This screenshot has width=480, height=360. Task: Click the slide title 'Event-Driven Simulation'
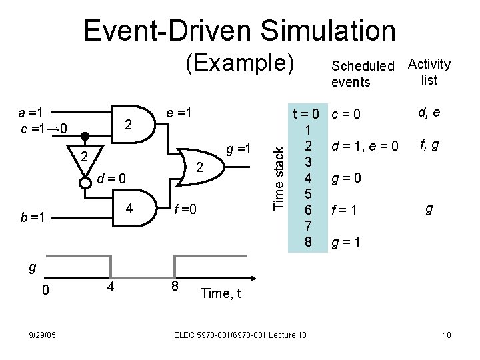[x=239, y=30]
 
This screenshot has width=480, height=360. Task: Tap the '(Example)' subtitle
[x=239, y=65]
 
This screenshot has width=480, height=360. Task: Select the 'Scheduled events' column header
[x=362, y=73]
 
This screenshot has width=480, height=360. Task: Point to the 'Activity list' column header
[x=429, y=72]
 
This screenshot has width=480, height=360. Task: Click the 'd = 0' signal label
[x=111, y=178]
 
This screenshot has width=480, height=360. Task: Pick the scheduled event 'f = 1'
[x=346, y=211]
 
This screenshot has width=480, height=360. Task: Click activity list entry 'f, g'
[x=429, y=141]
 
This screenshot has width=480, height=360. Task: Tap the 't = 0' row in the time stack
[x=308, y=114]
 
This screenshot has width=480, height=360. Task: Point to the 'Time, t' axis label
[x=220, y=293]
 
